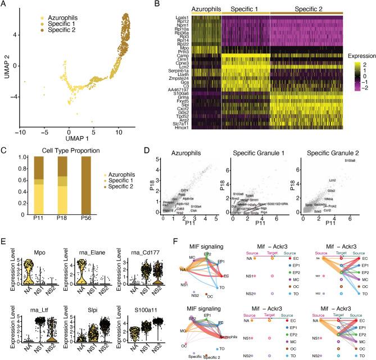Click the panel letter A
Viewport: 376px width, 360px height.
coord(4,5)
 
